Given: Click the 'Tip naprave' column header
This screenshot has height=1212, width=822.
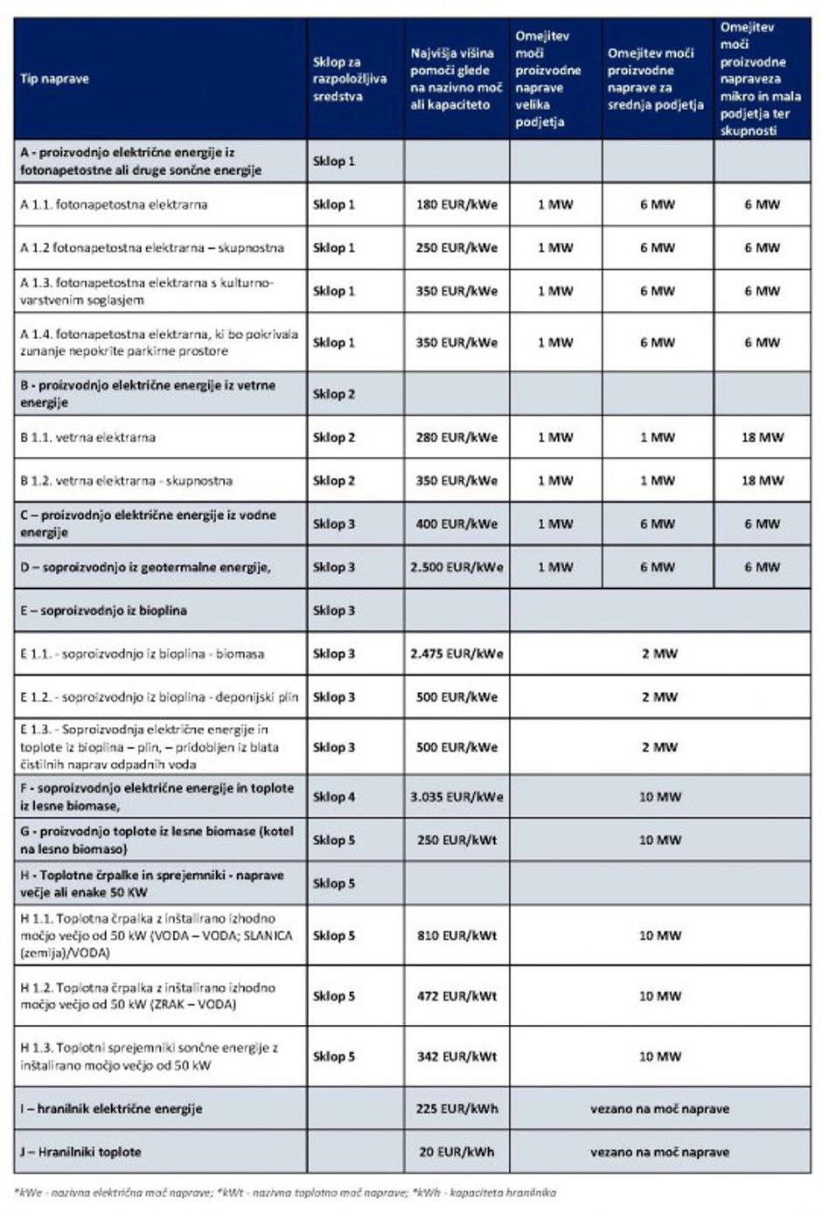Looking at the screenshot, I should click(x=54, y=79).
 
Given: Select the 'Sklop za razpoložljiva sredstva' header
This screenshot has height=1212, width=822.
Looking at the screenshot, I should click(x=350, y=79).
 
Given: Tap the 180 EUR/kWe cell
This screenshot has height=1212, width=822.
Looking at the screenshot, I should click(x=456, y=204).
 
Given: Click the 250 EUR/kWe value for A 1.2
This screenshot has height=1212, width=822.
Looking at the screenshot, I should click(x=456, y=247).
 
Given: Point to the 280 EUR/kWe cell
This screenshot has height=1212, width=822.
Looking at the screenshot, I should click(x=456, y=437).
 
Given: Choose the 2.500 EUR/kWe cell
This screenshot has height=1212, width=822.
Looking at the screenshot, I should click(x=456, y=566).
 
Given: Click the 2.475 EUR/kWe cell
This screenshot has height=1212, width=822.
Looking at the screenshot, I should click(x=456, y=653).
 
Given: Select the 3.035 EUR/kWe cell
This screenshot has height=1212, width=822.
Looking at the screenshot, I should click(x=456, y=796).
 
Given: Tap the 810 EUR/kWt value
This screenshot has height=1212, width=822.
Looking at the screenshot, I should click(x=456, y=935).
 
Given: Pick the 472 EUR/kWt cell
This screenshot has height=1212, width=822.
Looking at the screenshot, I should click(x=456, y=995).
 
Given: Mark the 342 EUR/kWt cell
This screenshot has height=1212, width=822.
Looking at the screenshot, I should click(x=456, y=1056).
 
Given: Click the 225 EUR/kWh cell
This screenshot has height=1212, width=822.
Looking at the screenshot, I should click(x=456, y=1108).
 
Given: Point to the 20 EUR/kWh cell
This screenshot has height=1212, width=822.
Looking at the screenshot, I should click(x=456, y=1152).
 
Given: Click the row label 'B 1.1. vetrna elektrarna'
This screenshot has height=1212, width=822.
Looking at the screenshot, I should click(x=87, y=437).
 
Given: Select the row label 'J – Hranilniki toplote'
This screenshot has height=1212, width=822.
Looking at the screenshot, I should click(x=80, y=1152).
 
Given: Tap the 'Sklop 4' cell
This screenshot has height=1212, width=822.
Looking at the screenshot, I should click(x=334, y=796).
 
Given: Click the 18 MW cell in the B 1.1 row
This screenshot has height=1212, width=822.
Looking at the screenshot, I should click(x=762, y=437).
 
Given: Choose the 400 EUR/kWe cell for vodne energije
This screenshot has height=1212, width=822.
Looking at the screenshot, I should click(x=456, y=523).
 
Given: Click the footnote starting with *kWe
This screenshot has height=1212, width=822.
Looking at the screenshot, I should click(x=285, y=1192).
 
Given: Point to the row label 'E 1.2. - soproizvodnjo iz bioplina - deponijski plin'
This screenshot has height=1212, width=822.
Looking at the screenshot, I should click(x=159, y=696).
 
